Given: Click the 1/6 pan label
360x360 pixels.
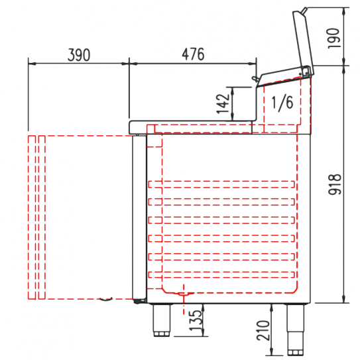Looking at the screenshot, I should tap(282, 102).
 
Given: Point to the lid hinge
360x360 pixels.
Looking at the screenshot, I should tap(306, 71).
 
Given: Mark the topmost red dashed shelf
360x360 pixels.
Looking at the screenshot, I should tap(221, 184).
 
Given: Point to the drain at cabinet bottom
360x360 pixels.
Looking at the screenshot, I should tap(182, 292).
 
